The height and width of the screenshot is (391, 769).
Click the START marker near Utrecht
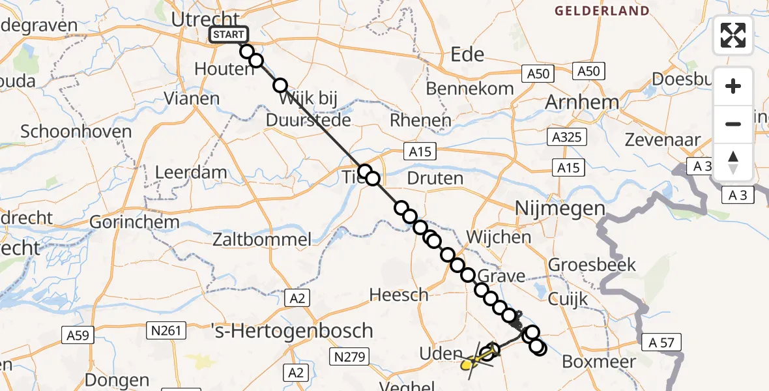click(228, 35)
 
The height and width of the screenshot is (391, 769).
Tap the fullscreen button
click(733, 35)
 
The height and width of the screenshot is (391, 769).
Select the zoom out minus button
click(733, 124)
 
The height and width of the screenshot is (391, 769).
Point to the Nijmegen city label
click(560, 209)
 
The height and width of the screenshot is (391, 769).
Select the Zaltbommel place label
click(263, 239)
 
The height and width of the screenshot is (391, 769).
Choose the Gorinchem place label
click(134, 222)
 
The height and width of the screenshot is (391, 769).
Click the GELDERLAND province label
click(602, 11)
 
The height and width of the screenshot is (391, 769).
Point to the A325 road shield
click(568, 138)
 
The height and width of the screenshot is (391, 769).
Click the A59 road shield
click(80, 335)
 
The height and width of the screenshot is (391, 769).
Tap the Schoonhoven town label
click(76, 131)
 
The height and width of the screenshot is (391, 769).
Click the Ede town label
click(467, 54)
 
